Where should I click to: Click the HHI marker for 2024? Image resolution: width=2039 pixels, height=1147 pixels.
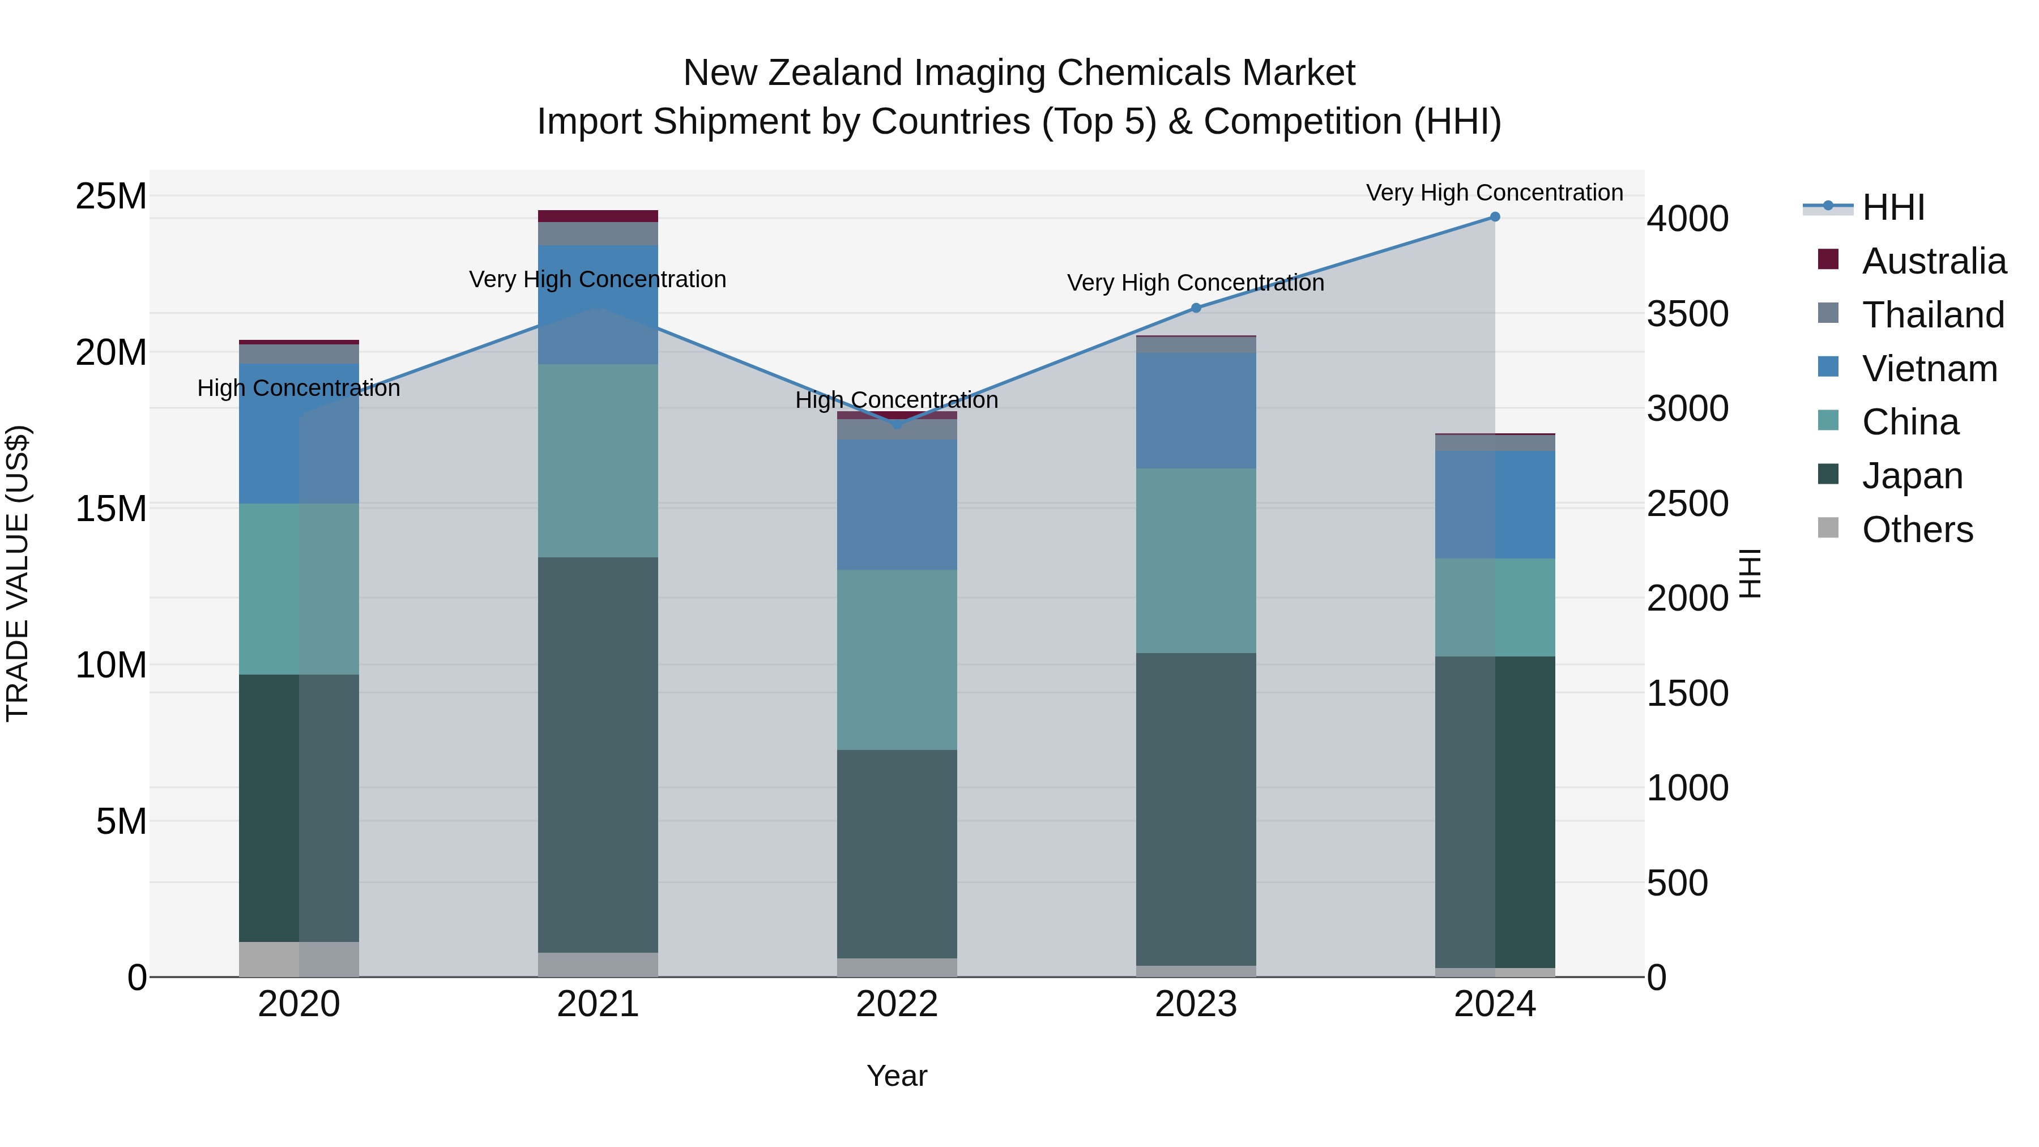[1495, 217]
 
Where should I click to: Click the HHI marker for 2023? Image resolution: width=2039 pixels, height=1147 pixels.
[1196, 308]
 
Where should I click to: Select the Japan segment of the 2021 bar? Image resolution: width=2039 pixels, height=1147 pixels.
[598, 754]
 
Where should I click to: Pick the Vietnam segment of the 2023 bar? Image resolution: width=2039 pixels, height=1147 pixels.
[1196, 410]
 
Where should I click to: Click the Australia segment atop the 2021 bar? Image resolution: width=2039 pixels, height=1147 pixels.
[598, 216]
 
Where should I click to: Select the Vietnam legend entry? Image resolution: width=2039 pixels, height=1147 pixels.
[1929, 369]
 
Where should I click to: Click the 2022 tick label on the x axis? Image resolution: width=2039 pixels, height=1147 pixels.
[897, 1004]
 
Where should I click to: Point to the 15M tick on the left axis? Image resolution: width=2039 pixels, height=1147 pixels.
[111, 508]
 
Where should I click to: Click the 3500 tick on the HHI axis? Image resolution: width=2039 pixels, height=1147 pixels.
[1688, 313]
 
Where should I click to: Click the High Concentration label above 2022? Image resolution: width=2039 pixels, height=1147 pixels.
[897, 400]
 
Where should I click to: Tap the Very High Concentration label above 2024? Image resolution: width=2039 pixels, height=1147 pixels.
[1495, 193]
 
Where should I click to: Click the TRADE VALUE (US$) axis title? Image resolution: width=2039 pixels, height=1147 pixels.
[18, 573]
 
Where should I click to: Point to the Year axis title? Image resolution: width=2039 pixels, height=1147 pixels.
[897, 1076]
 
